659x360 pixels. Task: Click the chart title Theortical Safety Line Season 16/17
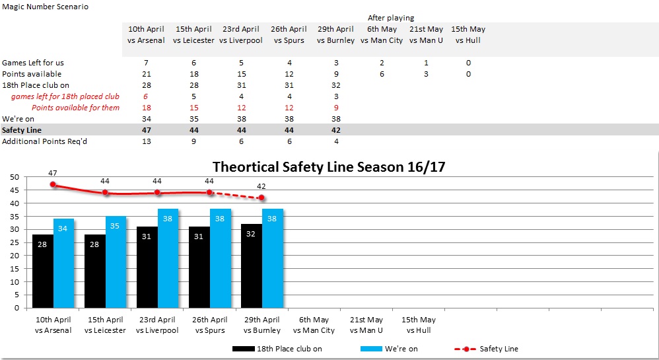(x=329, y=167)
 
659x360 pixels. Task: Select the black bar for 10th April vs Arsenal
(x=43, y=271)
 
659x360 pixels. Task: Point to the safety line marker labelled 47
(x=53, y=185)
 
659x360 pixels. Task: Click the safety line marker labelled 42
(x=261, y=198)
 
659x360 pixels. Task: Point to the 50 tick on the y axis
(x=15, y=178)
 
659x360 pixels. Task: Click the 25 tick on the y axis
(x=15, y=242)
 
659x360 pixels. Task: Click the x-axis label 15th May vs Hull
(x=419, y=325)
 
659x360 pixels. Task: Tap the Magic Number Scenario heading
(x=46, y=7)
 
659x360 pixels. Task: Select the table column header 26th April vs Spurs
(x=289, y=34)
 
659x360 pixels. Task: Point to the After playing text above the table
(x=391, y=18)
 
